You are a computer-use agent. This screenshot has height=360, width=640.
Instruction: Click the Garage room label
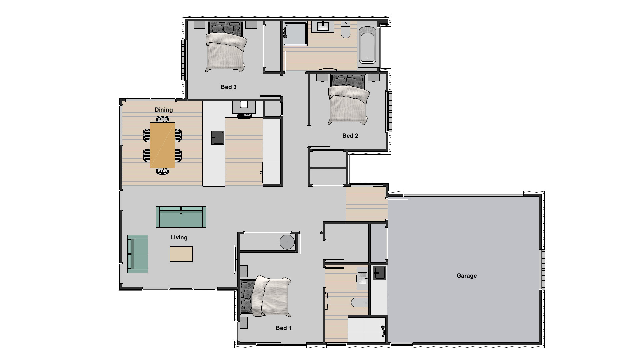point(466,276)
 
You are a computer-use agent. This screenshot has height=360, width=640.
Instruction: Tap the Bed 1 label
point(283,328)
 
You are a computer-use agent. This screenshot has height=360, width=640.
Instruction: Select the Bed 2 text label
point(350,136)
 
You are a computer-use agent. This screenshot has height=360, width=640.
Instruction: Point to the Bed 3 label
point(228,87)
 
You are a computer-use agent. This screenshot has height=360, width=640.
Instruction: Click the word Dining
point(164,110)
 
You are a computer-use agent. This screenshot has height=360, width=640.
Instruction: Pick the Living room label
point(179,237)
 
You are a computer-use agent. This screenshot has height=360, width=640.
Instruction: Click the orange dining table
point(162,145)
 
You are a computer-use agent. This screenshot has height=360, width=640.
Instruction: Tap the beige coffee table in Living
point(181,254)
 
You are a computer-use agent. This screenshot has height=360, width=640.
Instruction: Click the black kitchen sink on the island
point(218,137)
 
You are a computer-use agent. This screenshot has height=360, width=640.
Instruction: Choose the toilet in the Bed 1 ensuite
point(359,302)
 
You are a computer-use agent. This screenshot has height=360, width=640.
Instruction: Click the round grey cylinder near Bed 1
point(287,242)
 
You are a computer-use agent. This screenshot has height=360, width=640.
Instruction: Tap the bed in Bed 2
point(349,102)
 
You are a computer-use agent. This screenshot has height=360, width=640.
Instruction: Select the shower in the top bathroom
point(295,33)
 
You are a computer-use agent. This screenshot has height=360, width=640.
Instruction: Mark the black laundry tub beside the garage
point(379,273)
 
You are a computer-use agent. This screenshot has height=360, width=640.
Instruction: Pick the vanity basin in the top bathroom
point(323,27)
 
